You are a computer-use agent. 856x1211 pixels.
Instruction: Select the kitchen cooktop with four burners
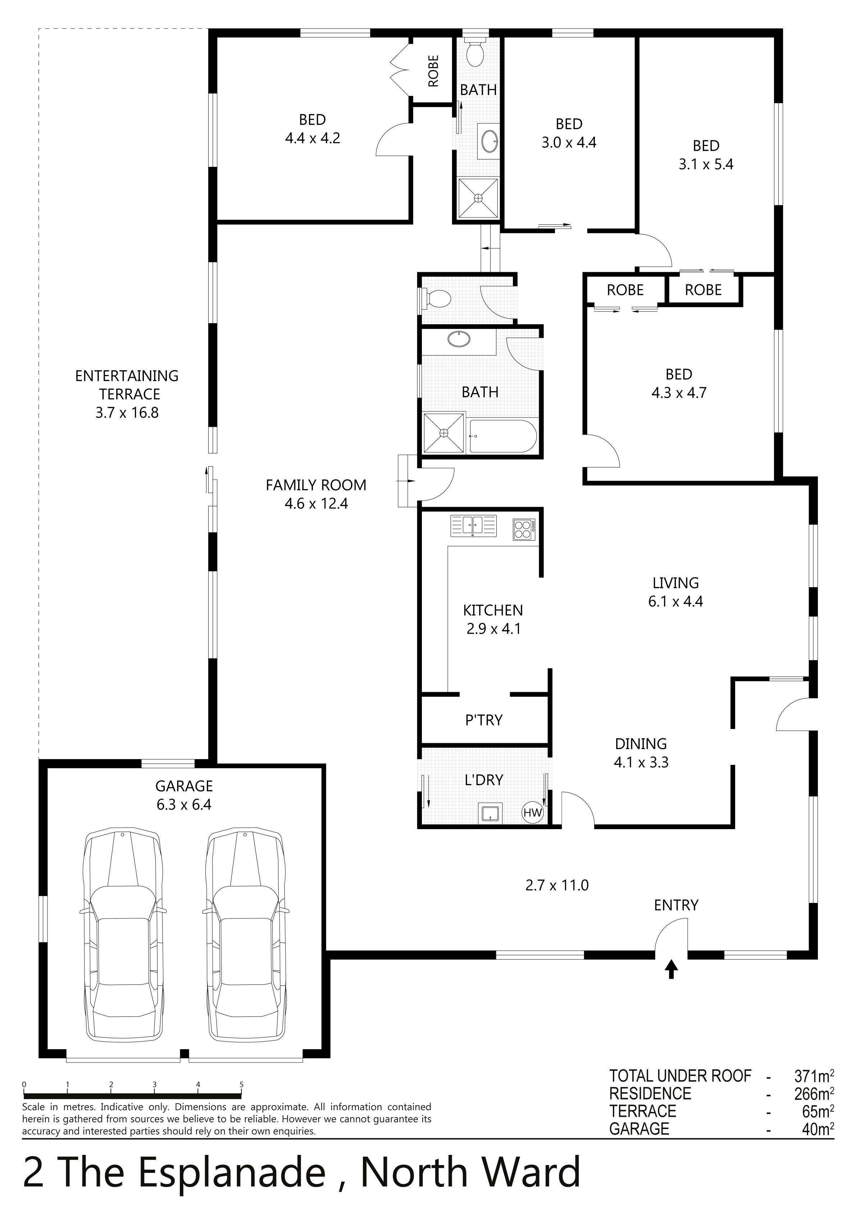[524, 529]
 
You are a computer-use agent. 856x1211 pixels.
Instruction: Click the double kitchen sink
[473, 526]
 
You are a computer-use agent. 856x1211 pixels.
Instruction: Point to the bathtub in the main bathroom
[503, 436]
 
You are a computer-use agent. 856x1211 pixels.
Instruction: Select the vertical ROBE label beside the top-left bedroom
[433, 71]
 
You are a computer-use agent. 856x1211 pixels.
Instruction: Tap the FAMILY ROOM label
[315, 485]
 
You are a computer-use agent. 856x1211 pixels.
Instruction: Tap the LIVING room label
[675, 583]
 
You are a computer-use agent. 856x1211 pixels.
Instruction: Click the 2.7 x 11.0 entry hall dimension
[557, 885]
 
